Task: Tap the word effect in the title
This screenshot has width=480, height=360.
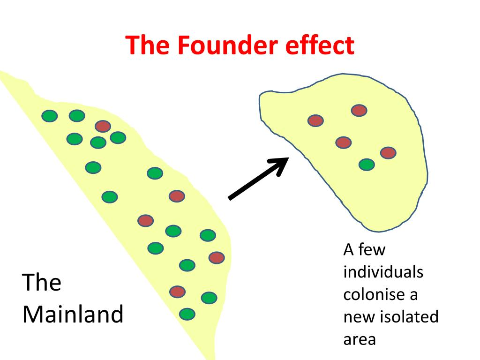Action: (320, 45)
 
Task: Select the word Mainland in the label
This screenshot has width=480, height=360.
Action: (73, 315)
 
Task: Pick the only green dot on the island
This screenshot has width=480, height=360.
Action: (367, 165)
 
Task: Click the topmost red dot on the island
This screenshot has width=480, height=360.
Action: (359, 110)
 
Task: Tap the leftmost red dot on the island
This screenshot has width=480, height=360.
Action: (315, 120)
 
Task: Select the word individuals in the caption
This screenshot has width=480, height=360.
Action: (383, 272)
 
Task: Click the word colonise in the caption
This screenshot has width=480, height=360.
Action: (369, 294)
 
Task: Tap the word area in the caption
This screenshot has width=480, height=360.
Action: (360, 339)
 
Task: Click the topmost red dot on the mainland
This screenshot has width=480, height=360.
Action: (103, 126)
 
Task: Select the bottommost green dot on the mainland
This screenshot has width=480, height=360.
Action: (187, 314)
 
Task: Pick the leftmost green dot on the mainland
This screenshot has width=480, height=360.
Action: (50, 116)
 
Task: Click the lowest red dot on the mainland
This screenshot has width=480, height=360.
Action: (178, 292)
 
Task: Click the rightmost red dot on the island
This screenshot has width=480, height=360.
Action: (389, 153)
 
